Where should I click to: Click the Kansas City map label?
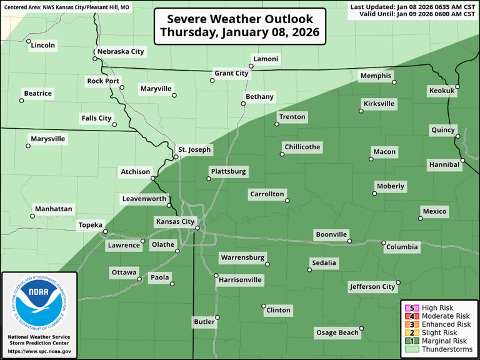tap(175, 221)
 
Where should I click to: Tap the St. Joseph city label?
tap(195, 150)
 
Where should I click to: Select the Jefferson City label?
tap(372, 287)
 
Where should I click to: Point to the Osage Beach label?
tap(336, 332)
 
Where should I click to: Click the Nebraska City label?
tap(120, 51)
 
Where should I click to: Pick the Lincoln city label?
tap(42, 45)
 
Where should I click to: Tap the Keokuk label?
tap(442, 91)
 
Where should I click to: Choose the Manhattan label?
tap(53, 209)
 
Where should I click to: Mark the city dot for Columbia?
tap(384, 242)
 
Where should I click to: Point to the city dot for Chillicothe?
tap(281, 154)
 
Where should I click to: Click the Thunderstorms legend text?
tap(446, 349)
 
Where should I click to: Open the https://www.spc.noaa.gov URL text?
tap(39, 352)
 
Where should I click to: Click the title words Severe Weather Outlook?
tap(239, 19)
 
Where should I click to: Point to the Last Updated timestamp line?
tap(412, 7)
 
